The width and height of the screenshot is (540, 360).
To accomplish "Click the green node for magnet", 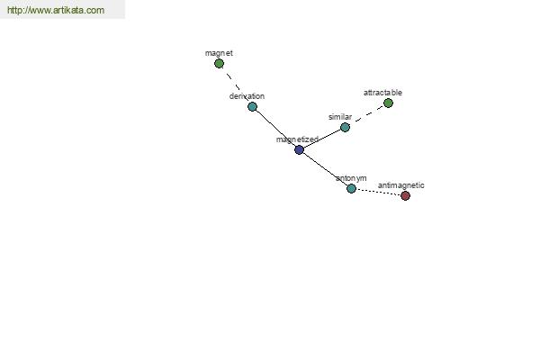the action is [x=219, y=63].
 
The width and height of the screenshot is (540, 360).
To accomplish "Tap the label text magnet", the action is [x=219, y=53].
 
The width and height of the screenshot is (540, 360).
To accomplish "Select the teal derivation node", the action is [x=252, y=106].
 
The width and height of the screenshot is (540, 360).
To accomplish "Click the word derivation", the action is [x=247, y=96].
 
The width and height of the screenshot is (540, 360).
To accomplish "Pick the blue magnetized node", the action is [x=300, y=149].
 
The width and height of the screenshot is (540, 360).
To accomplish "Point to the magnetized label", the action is [x=297, y=139].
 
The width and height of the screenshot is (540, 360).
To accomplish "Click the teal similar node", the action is [x=345, y=128].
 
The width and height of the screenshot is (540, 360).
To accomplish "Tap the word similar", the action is [x=340, y=117].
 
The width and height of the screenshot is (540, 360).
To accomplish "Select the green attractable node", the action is [x=388, y=103].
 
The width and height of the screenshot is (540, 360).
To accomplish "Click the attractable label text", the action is [x=382, y=93].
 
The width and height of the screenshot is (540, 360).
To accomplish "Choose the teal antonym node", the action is [x=351, y=188].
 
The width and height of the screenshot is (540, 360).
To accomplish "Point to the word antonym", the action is [x=351, y=178].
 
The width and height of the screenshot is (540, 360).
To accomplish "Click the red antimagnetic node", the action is [x=405, y=195].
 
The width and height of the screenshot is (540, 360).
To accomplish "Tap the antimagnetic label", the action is [x=400, y=185].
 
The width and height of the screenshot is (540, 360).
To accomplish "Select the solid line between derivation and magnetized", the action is [x=276, y=128].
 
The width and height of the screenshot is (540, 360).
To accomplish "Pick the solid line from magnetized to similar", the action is [x=322, y=139].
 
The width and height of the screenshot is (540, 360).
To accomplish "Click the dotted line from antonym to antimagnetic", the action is [x=378, y=193].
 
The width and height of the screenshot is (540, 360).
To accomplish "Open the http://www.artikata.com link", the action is [x=56, y=10].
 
